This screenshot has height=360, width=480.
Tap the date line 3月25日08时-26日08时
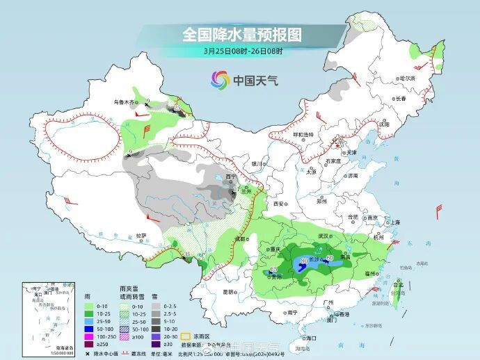click(x=243, y=51)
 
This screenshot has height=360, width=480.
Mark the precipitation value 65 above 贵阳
click(x=273, y=269)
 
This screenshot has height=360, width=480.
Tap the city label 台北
click(x=398, y=284)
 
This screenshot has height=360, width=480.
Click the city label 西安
click(x=280, y=204)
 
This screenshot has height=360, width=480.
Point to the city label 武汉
click(x=322, y=235)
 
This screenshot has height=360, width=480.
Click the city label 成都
click(x=241, y=238)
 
